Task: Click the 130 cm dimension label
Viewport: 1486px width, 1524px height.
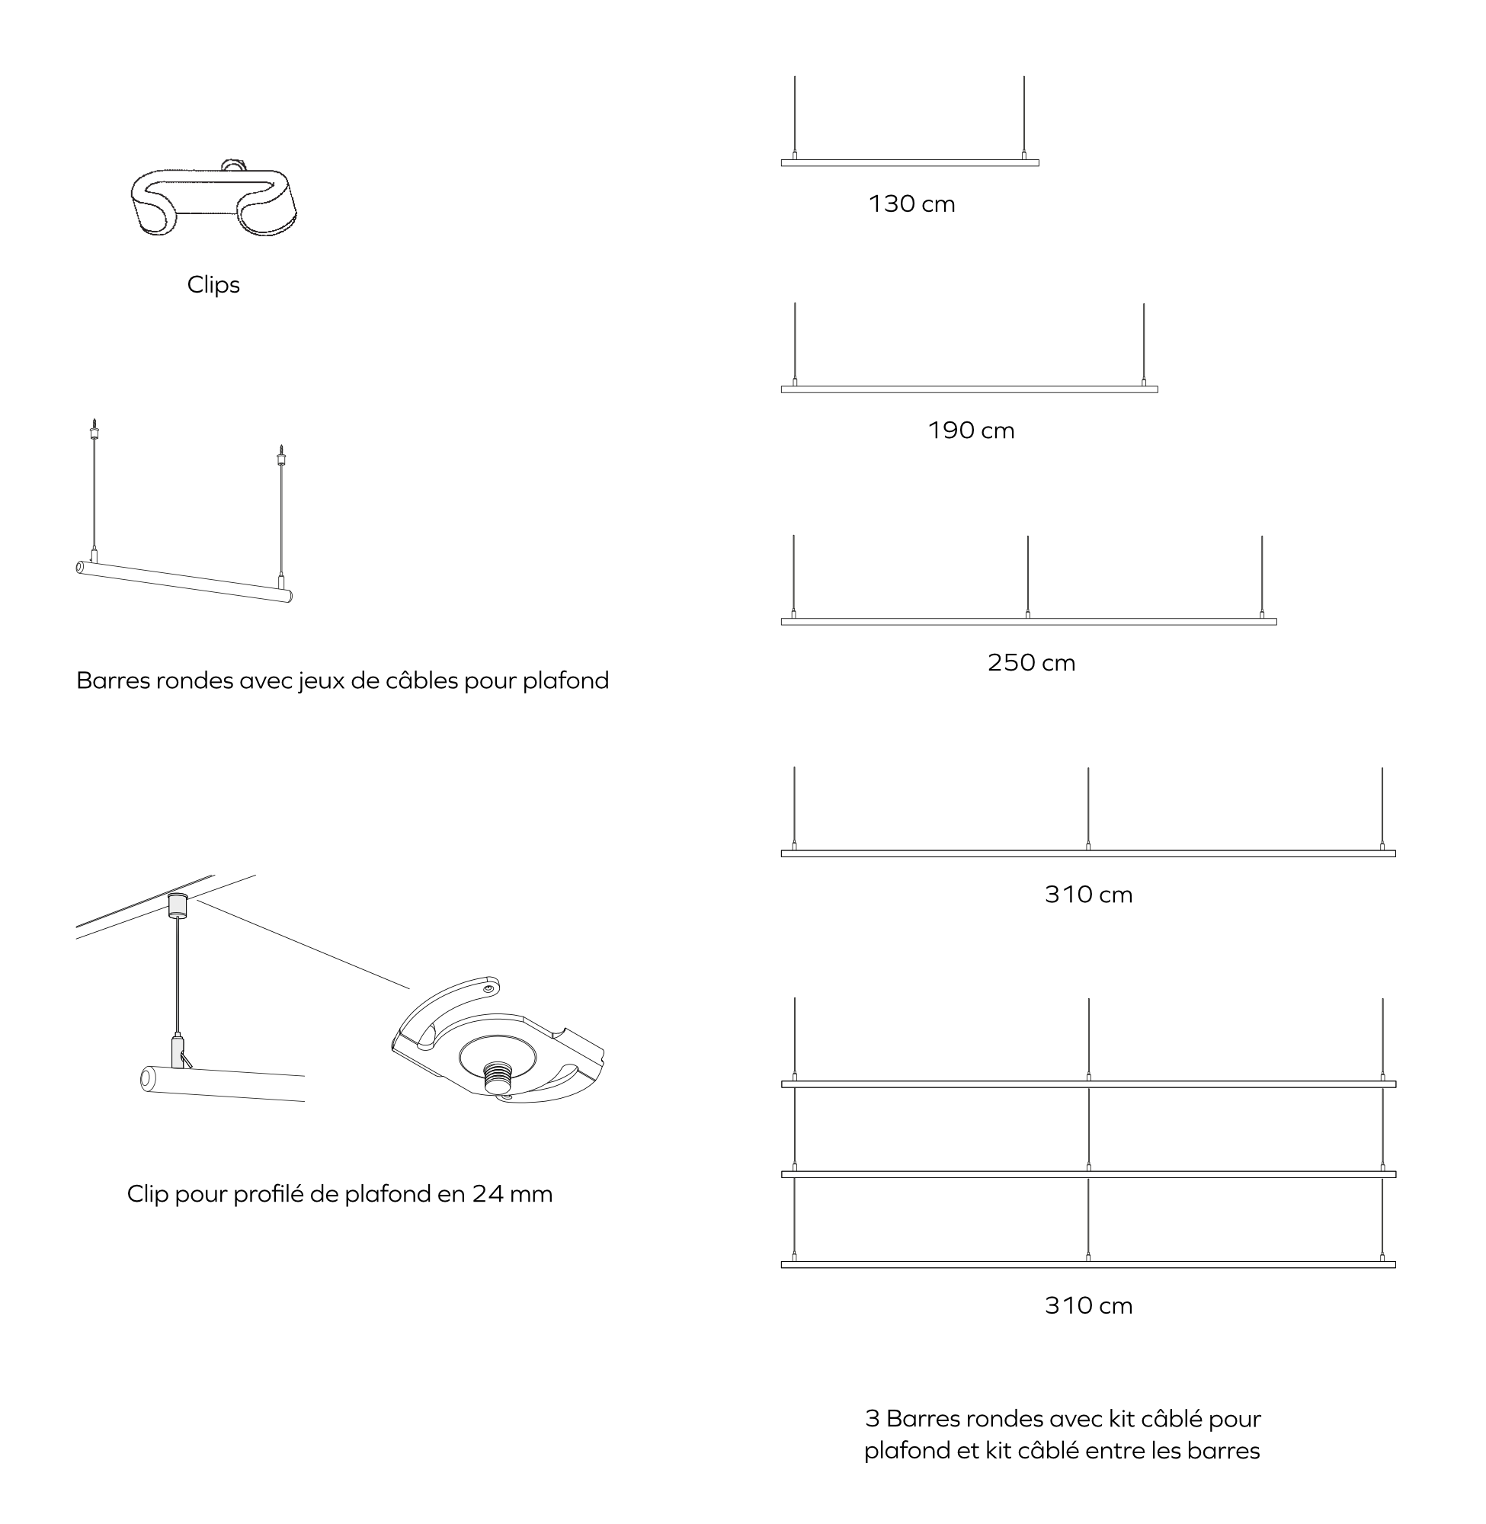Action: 911,204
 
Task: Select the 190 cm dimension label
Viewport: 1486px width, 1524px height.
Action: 970,431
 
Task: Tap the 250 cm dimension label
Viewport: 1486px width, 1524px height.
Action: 1030,662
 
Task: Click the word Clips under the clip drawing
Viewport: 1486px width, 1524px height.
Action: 213,285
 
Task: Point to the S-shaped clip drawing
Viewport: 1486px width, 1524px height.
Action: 214,201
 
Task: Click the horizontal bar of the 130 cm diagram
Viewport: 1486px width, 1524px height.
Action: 909,163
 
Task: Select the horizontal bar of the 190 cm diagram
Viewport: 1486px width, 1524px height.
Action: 969,389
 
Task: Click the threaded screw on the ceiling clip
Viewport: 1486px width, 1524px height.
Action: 497,1078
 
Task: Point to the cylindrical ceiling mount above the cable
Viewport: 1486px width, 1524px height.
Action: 178,905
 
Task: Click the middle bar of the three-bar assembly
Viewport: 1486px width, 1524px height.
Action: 1088,1174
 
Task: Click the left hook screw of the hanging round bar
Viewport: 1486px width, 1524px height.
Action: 94,429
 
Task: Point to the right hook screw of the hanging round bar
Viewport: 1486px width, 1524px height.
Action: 281,455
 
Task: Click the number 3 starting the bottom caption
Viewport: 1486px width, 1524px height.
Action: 872,1419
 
